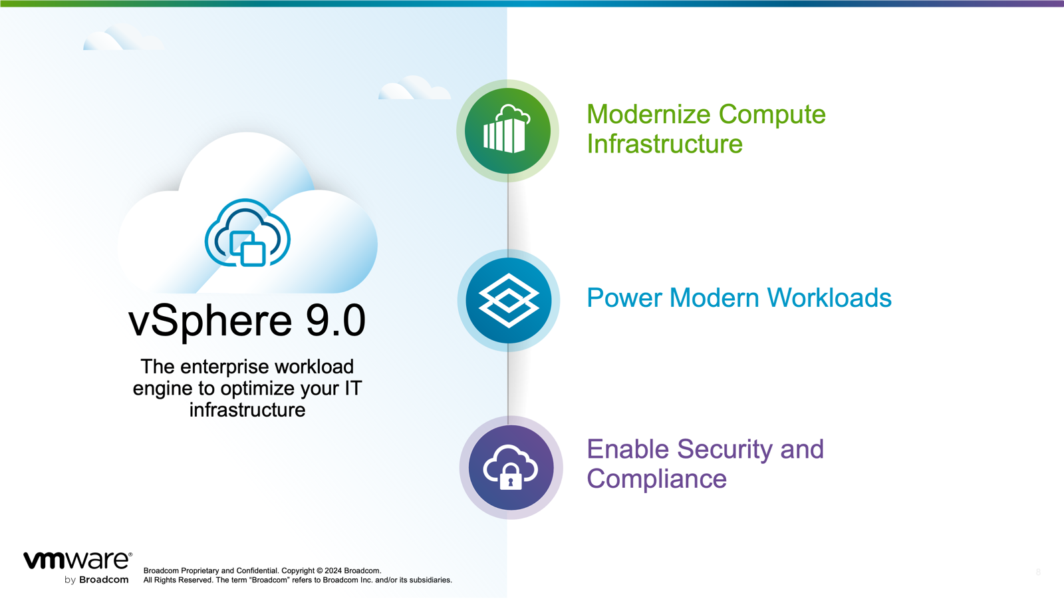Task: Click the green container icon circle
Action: coord(507,131)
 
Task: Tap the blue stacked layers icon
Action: coord(509,300)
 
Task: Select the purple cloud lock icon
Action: coord(511,467)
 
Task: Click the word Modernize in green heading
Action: coord(648,114)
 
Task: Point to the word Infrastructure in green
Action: coord(664,144)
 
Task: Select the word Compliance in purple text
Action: coord(656,479)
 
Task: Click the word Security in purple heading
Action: coord(724,449)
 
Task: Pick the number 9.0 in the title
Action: coord(336,320)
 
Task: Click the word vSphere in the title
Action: coord(210,320)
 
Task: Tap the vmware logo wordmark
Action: coord(77,560)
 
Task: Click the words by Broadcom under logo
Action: coord(96,580)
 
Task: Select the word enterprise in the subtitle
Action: coord(224,367)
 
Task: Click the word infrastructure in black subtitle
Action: coord(247,410)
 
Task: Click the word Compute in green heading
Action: coord(772,114)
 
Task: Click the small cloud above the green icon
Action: coord(414,89)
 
